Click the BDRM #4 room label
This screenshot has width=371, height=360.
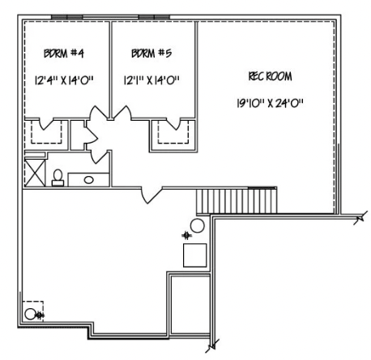64,54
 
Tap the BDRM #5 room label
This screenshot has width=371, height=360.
151,54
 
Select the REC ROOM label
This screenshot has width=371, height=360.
270,76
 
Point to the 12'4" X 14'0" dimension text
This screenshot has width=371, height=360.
64,80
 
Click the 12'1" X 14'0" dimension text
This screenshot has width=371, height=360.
151,80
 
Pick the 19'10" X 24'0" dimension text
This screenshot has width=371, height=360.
269,104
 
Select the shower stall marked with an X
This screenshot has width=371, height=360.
35,173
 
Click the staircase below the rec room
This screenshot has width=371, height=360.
235,200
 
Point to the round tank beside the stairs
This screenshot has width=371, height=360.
198,225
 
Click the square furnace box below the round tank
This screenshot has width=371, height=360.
194,254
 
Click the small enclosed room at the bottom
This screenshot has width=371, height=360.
189,308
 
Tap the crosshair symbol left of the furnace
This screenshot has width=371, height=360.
186,235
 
